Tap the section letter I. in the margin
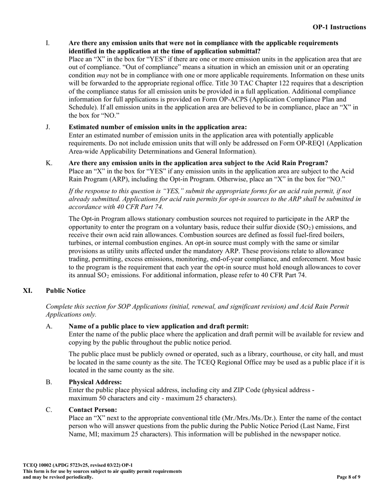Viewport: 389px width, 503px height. click(48, 43)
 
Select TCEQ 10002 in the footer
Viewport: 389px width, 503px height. click(38, 465)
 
